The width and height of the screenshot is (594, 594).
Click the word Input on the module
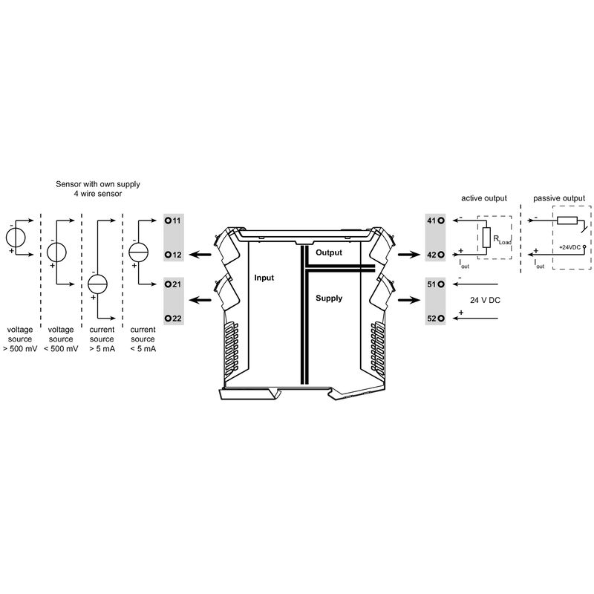click(x=264, y=278)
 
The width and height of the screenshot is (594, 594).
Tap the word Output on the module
click(x=329, y=252)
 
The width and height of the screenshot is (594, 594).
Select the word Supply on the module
click(x=329, y=298)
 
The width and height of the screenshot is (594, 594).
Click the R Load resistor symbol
click(x=486, y=238)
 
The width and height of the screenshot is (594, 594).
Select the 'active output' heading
click(x=483, y=199)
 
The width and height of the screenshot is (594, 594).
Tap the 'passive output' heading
click(x=558, y=199)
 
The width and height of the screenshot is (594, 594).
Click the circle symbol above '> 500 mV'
click(x=16, y=237)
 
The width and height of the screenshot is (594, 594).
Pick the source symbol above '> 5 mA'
click(x=97, y=283)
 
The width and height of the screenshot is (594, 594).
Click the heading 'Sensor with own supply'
click(x=97, y=183)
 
